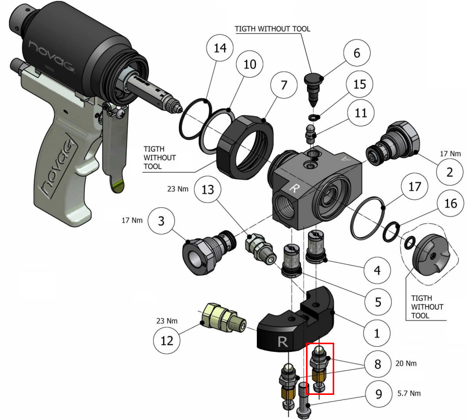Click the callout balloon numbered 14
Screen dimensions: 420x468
pyautogui.click(x=220, y=49)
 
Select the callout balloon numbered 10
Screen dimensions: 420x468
pyautogui.click(x=250, y=65)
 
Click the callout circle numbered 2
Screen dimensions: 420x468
pyautogui.click(x=450, y=172)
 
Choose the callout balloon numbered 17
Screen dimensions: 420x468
pyautogui.click(x=415, y=187)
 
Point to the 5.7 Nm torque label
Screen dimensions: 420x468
pyautogui.click(x=410, y=394)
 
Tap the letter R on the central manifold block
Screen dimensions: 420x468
pyautogui.click(x=294, y=188)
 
